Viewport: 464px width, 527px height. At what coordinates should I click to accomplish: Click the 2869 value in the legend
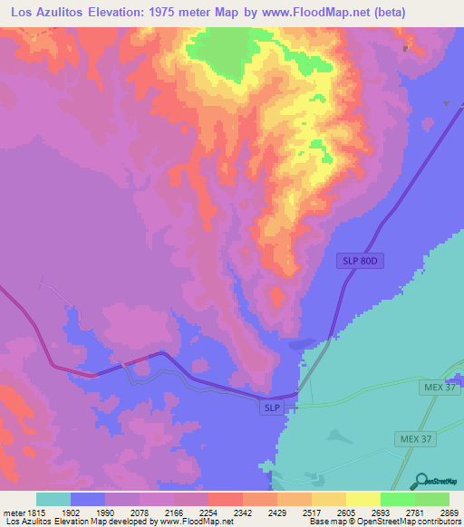point(449,513)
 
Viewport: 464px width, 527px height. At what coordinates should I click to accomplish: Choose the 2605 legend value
point(347,513)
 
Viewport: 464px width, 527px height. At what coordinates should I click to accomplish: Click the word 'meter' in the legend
point(13,513)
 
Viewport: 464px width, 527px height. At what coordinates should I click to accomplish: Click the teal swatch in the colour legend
point(53,499)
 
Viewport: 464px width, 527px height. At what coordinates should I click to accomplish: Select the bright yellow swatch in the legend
point(363,499)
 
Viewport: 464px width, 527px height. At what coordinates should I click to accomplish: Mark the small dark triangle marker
point(446,104)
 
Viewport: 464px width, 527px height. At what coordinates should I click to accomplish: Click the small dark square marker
point(405,49)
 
